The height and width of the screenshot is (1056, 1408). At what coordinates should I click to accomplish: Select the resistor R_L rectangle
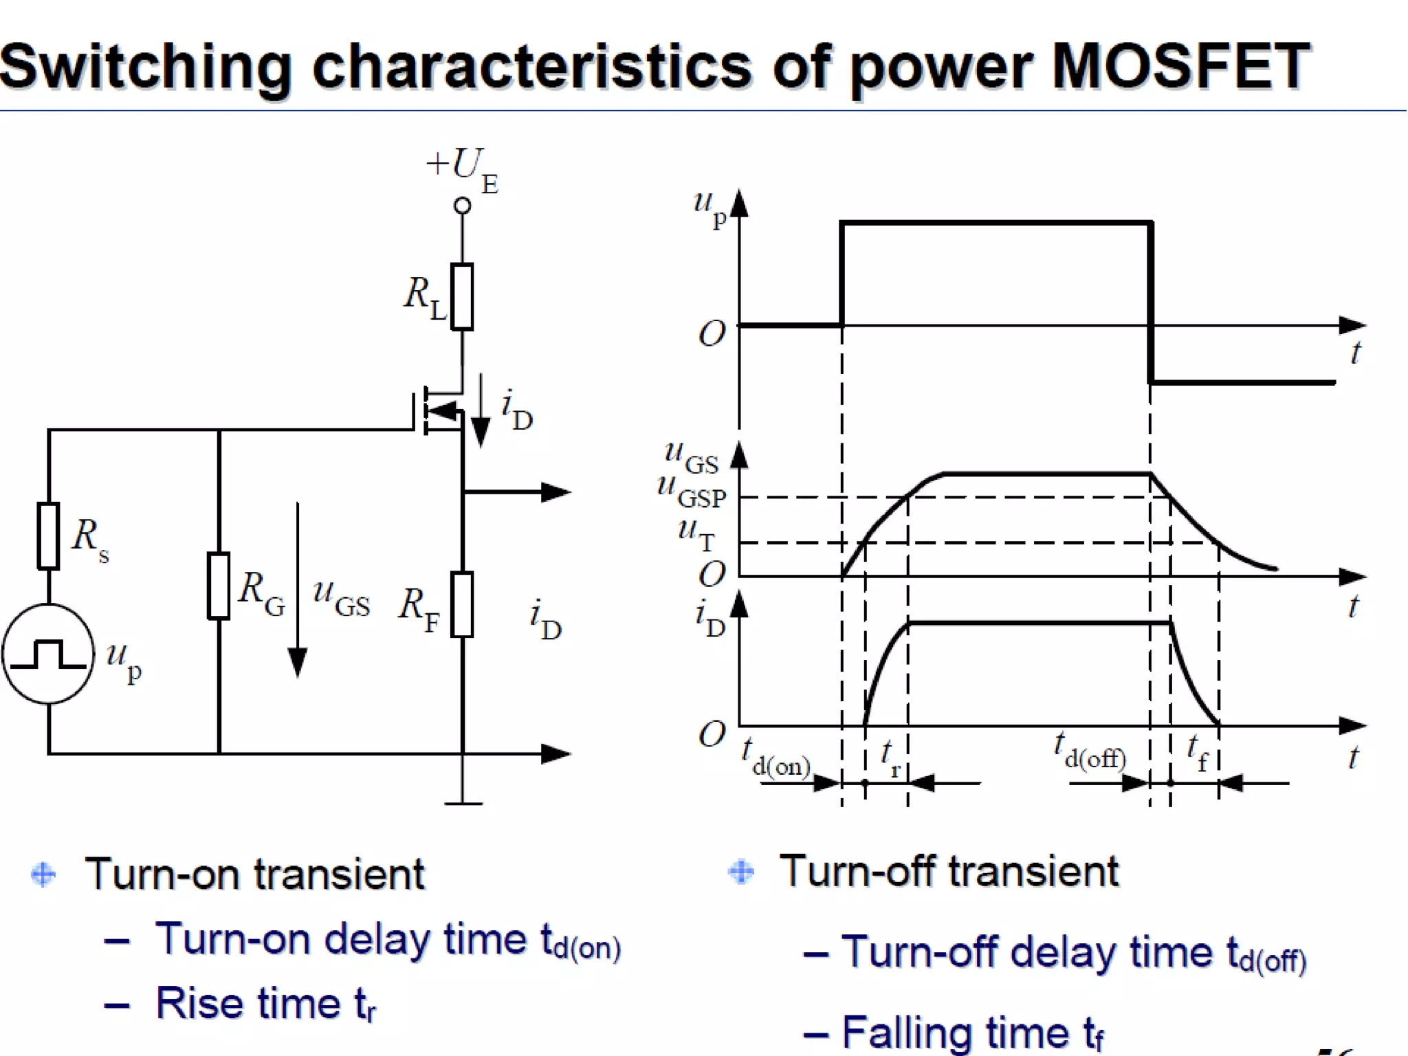[x=462, y=296]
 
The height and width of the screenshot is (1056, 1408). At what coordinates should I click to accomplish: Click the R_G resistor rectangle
[x=219, y=586]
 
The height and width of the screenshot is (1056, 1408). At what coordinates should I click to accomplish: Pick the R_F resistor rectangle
[x=462, y=604]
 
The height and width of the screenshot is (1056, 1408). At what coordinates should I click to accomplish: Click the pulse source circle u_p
[x=48, y=654]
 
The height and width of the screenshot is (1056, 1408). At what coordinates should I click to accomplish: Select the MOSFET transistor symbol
[x=440, y=412]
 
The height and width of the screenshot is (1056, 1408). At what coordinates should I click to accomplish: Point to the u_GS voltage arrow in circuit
[x=298, y=591]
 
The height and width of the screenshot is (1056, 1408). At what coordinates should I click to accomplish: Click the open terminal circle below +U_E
[x=463, y=206]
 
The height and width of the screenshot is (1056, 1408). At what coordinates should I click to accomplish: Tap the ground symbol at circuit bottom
[x=463, y=802]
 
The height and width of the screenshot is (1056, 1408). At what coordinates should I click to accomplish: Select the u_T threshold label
[x=696, y=533]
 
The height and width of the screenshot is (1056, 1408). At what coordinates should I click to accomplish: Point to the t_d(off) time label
[x=1090, y=750]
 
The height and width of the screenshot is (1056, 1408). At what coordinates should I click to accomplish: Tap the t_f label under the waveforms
[x=1197, y=752]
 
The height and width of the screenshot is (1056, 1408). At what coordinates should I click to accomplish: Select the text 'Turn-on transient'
[x=254, y=874]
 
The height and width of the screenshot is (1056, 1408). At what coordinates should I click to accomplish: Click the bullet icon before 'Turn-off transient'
[x=741, y=872]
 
